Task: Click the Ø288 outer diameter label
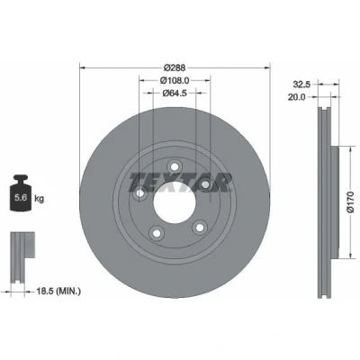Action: click(175, 67)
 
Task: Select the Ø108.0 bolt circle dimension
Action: click(175, 80)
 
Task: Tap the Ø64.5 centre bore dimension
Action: click(175, 94)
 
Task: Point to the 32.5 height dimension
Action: click(301, 85)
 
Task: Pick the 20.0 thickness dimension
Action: click(296, 97)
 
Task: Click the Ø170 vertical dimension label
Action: click(350, 202)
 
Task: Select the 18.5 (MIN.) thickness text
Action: click(58, 291)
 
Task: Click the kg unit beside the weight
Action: click(40, 199)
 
